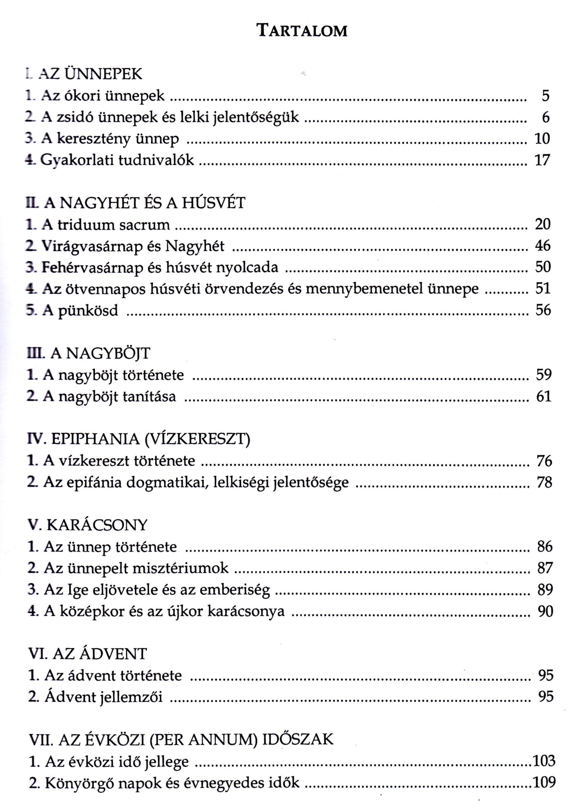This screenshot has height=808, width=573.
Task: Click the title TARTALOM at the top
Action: [x=302, y=31]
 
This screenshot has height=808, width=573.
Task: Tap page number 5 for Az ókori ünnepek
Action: [x=546, y=96]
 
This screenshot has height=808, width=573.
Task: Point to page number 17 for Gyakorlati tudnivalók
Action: [x=543, y=160]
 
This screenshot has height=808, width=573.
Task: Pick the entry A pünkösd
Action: [x=81, y=311]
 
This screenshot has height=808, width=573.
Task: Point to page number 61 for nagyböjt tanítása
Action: [x=543, y=397]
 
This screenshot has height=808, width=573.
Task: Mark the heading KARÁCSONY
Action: [x=97, y=525]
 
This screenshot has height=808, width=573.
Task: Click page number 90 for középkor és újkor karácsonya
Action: [x=545, y=611]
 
